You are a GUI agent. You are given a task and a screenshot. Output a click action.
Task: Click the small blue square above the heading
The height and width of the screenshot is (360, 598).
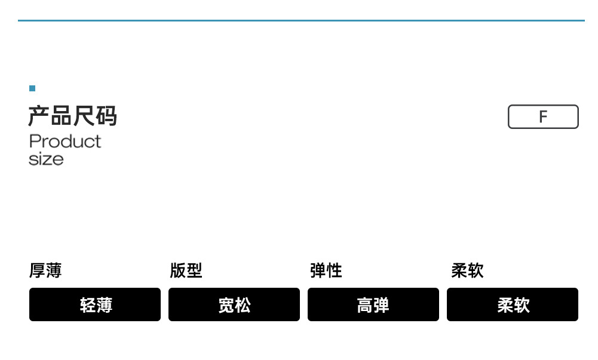click(x=32, y=88)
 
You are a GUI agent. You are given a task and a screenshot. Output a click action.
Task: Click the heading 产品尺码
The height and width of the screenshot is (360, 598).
click(x=72, y=116)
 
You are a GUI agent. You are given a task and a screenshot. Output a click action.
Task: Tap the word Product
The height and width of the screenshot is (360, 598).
click(x=65, y=141)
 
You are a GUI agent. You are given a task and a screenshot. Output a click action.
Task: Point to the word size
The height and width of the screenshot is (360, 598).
click(x=46, y=159)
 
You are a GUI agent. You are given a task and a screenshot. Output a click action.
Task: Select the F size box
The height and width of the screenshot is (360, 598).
click(x=543, y=116)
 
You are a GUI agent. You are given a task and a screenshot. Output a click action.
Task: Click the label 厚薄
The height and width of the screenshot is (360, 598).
click(x=45, y=270)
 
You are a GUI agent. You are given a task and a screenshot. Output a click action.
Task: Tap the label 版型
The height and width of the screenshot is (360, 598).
click(x=186, y=270)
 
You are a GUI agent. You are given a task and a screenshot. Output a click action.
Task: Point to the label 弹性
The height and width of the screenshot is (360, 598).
click(x=326, y=270)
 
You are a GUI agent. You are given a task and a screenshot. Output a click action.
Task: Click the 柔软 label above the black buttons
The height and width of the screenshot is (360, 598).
click(x=467, y=270)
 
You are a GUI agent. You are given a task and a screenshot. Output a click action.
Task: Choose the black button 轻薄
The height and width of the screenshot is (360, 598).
click(x=95, y=304)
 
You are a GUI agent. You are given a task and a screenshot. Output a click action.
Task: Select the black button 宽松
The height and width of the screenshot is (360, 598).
click(x=234, y=304)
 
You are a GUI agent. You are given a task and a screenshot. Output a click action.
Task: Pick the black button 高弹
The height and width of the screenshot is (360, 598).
click(x=373, y=304)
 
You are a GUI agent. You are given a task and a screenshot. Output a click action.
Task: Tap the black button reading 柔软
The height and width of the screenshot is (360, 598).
click(x=513, y=304)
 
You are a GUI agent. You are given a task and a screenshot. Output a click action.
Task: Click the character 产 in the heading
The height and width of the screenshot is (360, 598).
click(x=39, y=116)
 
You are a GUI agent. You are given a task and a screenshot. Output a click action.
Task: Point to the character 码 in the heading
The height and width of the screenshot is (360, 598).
click(x=106, y=116)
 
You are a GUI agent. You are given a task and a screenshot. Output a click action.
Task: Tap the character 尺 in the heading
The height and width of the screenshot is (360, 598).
click(x=84, y=116)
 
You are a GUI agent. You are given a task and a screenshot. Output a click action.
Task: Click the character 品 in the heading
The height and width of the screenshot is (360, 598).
click(x=61, y=116)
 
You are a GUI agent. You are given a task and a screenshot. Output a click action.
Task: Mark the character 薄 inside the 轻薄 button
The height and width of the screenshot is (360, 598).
click(x=104, y=305)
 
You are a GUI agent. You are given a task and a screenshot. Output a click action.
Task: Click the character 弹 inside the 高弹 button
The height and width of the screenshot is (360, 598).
click(x=382, y=305)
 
